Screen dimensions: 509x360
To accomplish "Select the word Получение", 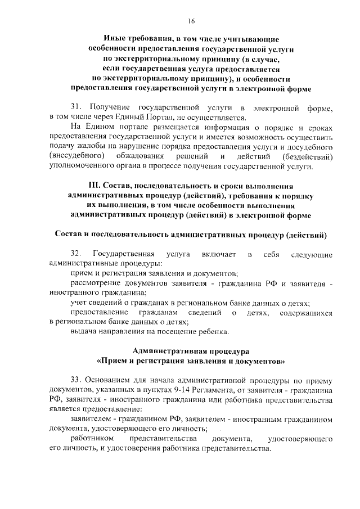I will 109,107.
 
